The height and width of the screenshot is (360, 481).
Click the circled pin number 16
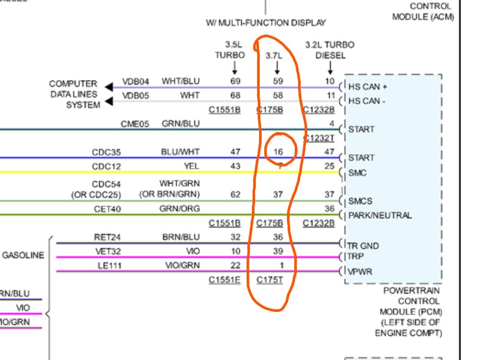click(x=278, y=152)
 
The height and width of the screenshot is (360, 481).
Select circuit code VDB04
click(x=136, y=83)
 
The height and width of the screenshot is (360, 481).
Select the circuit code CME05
click(x=134, y=124)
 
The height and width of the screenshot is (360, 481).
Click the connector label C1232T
click(x=320, y=139)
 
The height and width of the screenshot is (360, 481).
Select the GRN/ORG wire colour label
click(x=180, y=210)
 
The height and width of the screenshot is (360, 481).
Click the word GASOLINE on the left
click(x=23, y=256)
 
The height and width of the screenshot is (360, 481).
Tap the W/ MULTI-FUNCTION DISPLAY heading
click(x=266, y=23)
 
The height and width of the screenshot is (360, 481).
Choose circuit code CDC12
click(x=106, y=166)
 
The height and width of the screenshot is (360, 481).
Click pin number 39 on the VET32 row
click(x=279, y=251)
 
